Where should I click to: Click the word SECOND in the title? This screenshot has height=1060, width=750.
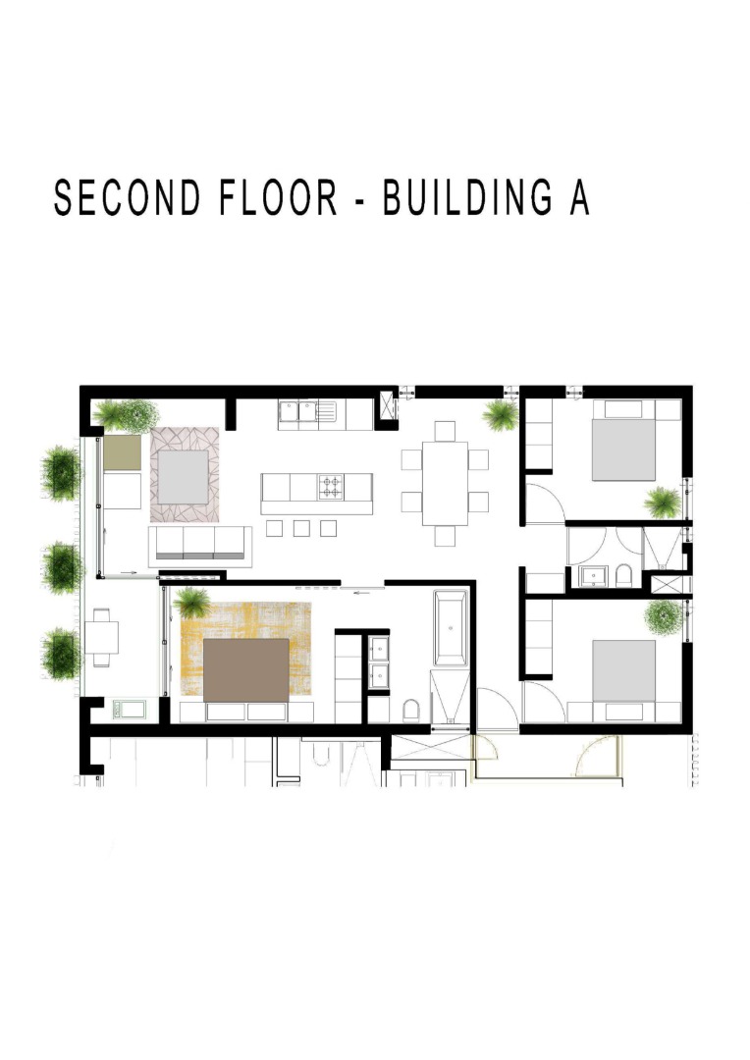click(x=128, y=197)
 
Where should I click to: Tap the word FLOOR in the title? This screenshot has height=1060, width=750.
click(x=278, y=197)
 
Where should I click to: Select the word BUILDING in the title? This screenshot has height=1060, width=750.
click(x=467, y=197)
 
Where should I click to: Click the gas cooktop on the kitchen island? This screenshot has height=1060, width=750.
click(x=332, y=487)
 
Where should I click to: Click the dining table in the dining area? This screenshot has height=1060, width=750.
click(x=445, y=483)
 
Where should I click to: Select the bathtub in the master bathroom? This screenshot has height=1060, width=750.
click(x=451, y=628)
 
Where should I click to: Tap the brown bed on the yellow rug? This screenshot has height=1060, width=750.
click(x=246, y=670)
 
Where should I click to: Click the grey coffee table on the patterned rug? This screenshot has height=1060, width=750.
click(x=184, y=477)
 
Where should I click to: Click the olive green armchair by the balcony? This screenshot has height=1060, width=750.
click(x=123, y=452)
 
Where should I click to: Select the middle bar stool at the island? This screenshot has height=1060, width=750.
click(x=301, y=528)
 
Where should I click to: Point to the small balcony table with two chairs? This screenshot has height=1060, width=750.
click(x=101, y=638)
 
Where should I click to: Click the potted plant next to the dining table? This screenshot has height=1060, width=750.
click(x=501, y=415)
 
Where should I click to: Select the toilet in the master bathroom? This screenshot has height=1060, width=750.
click(x=410, y=711)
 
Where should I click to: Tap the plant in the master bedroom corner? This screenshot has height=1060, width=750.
click(x=192, y=603)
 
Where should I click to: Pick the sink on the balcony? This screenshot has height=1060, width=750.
click(x=129, y=710)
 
